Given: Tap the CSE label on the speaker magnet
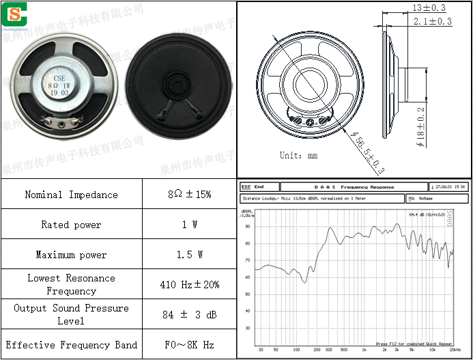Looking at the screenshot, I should click(x=60, y=78).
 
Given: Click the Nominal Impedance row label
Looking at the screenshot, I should click(x=71, y=195).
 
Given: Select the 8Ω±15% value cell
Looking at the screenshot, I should click(x=189, y=195).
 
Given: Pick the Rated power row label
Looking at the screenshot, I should click(x=71, y=225).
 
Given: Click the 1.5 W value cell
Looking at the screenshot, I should click(x=189, y=255).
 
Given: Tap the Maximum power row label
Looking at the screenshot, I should click(x=71, y=255).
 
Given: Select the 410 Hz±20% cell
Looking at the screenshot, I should click(x=189, y=285).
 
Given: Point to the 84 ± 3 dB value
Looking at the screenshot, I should click(x=189, y=315).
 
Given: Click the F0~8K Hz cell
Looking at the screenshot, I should click(x=189, y=345).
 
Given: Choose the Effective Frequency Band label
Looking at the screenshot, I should click(x=71, y=345).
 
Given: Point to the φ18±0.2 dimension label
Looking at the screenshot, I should click(x=421, y=127).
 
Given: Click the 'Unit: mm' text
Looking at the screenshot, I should click(x=298, y=155).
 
